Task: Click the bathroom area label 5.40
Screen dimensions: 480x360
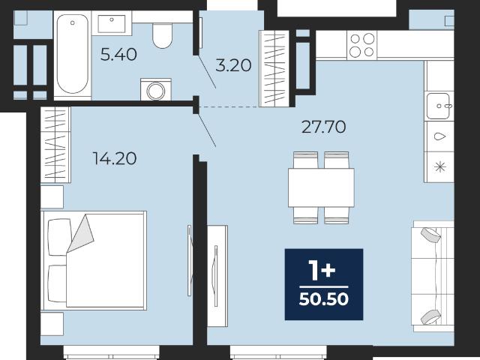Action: tap(118, 55)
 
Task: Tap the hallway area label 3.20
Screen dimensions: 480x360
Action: tap(233, 65)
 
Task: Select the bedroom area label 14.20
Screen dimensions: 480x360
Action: tap(115, 158)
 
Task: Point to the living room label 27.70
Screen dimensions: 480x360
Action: tap(323, 127)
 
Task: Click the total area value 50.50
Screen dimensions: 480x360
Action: tap(323, 299)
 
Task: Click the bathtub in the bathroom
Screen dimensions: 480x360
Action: tap(73, 54)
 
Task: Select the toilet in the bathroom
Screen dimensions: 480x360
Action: tap(162, 35)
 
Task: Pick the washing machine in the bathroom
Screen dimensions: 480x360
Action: tap(156, 89)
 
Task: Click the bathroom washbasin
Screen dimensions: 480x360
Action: tap(112, 23)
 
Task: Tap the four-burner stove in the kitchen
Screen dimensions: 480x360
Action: tap(362, 45)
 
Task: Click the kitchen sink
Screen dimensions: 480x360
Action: tap(439, 106)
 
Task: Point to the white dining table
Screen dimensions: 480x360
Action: tap(321, 187)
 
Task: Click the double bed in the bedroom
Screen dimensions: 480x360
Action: tap(94, 260)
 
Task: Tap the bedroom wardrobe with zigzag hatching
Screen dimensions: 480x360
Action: tap(55, 145)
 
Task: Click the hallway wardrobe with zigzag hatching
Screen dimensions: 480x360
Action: tap(274, 68)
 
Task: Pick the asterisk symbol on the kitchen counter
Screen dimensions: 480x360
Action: tap(440, 166)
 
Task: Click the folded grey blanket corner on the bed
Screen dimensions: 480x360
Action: tap(80, 233)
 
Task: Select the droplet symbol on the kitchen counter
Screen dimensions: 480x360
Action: tap(440, 136)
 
